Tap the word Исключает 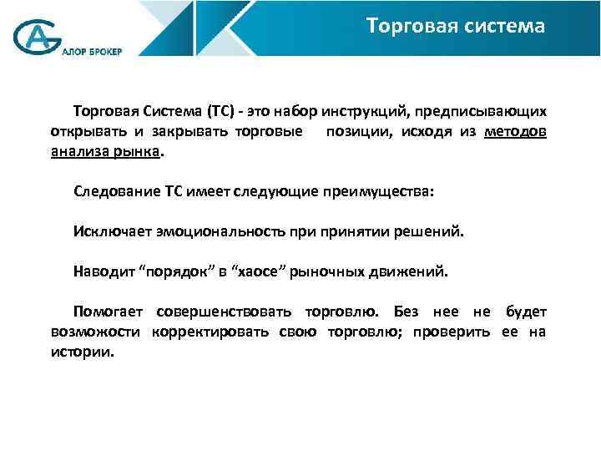click(x=108, y=231)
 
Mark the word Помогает click(x=108, y=312)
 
